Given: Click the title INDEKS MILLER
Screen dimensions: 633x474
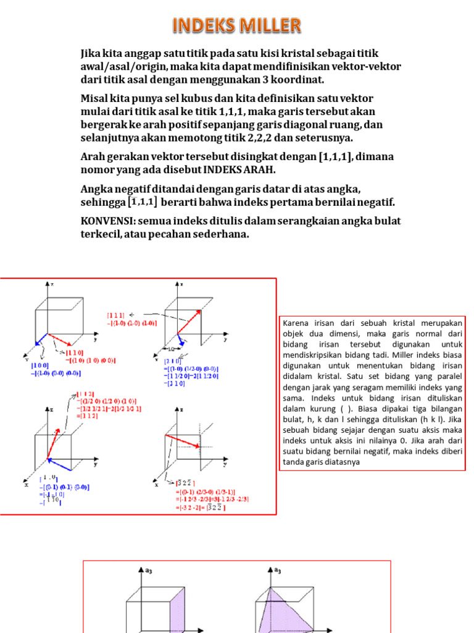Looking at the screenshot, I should coord(236,25).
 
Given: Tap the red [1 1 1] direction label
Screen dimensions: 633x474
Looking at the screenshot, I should coord(116,315).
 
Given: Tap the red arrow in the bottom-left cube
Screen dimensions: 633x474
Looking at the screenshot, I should coord(55,423).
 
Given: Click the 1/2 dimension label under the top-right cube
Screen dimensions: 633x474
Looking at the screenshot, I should coord(170,348).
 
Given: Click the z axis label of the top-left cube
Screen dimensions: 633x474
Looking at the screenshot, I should coord(52,284).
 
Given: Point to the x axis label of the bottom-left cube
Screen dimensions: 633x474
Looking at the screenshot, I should coord(27,485).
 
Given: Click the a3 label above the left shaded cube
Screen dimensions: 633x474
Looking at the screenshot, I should coord(148,571).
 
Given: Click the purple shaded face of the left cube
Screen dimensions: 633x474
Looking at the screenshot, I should coord(177,612).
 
